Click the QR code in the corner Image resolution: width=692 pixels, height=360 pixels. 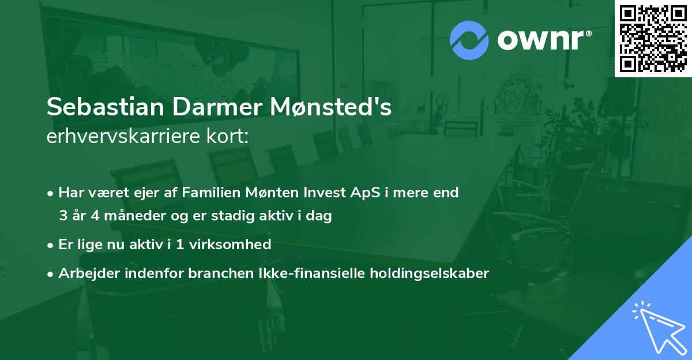click(x=653, y=38)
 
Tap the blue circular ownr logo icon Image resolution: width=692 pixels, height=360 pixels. click(x=469, y=40)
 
